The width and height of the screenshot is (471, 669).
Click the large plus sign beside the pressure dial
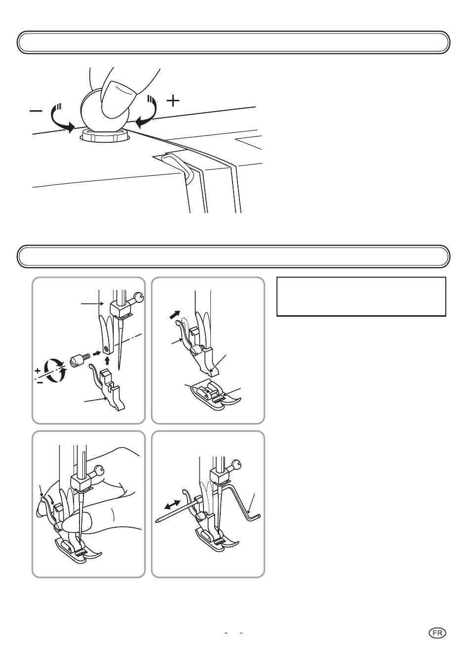(x=173, y=101)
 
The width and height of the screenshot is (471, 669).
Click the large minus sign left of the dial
(x=36, y=111)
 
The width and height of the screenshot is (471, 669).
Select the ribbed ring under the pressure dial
(x=105, y=135)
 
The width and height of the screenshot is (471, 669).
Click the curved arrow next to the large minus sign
(x=60, y=118)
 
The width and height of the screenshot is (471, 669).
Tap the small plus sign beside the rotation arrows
(x=38, y=371)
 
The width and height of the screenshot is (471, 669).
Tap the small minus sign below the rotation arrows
(x=40, y=382)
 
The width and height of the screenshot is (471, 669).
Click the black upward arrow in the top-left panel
(x=108, y=360)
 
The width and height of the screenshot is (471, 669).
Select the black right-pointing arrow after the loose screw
(x=96, y=354)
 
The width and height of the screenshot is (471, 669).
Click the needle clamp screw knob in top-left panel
(x=138, y=297)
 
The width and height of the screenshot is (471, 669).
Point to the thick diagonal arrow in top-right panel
(x=175, y=315)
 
